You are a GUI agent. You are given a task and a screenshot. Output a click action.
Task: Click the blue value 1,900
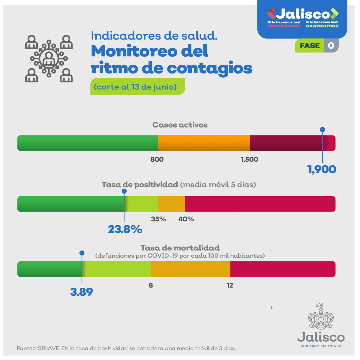[322, 169]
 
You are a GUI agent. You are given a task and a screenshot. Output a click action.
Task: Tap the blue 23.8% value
[125, 229]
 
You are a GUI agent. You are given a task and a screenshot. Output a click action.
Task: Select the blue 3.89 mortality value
[82, 292]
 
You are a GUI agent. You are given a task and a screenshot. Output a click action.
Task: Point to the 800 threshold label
[157, 159]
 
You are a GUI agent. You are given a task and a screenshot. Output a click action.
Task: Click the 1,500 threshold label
[249, 159]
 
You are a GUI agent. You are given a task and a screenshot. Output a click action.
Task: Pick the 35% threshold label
[158, 219]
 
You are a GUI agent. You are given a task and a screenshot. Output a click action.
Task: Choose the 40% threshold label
[186, 219]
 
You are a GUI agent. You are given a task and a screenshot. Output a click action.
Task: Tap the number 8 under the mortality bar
[151, 285]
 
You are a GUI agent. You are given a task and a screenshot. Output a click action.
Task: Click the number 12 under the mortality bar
[230, 285]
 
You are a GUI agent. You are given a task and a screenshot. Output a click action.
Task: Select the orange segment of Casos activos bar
[204, 143]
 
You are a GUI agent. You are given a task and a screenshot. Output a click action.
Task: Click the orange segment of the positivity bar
[171, 204]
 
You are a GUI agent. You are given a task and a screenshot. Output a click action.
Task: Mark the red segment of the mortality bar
[283, 269]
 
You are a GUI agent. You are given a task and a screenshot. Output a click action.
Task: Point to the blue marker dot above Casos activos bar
[322, 130]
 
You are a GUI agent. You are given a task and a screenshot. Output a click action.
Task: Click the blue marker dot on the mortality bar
[82, 253]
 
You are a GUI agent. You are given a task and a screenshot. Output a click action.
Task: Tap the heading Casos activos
[180, 125]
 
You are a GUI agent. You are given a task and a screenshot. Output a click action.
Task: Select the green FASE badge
[310, 46]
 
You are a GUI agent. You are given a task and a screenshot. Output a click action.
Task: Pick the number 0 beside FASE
[331, 46]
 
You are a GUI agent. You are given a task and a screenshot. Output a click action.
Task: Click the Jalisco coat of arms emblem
[321, 316]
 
